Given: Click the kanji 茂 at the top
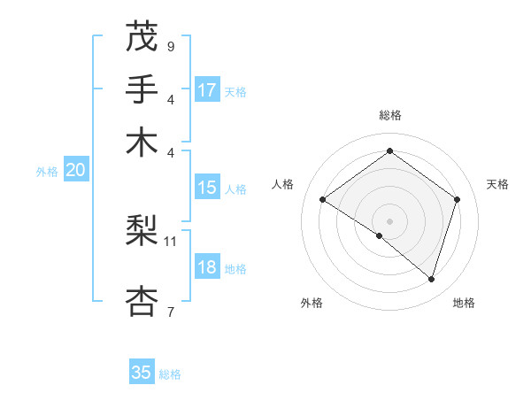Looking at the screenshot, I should coord(142,36).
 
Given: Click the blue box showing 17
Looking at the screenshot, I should coord(207,90).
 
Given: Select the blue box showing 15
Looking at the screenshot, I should coord(207,188).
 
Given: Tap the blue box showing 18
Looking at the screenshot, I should coord(207,268).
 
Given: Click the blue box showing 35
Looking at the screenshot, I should coord(142,373).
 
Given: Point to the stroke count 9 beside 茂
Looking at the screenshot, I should coord(170,44).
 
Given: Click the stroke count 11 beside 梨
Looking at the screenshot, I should coord(171,240).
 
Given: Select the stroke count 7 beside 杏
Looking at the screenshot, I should coord(170,312).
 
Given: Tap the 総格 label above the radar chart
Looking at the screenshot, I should coord(389,115).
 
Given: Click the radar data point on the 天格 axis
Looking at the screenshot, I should coord(457,199).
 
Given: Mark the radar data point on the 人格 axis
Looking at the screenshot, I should coord(323,199).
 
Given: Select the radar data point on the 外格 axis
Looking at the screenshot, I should coord(380,235).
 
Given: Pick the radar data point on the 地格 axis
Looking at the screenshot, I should coord(431,279).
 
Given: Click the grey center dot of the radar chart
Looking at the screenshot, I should coord(389,220).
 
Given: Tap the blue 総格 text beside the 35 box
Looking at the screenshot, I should coord(170,374).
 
